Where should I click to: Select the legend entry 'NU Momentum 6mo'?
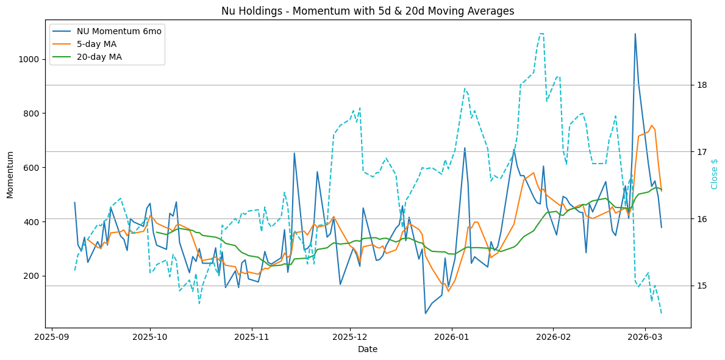pos(119,32)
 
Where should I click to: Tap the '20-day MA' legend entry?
pos(99,57)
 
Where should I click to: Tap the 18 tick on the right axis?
pos(702,85)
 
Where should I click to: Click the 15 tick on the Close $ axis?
pos(702,286)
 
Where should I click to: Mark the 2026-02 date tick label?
pos(552,336)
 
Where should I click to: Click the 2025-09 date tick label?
pos(52,336)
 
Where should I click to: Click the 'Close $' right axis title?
pos(715,174)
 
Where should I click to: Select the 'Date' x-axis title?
pos(368,349)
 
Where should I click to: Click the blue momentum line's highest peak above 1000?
pos(635,34)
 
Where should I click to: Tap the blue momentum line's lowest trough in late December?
pos(426,314)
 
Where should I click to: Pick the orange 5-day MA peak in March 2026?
pos(651,126)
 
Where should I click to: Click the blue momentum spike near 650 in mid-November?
pos(294,153)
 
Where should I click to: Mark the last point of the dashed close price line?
pos(662,313)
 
